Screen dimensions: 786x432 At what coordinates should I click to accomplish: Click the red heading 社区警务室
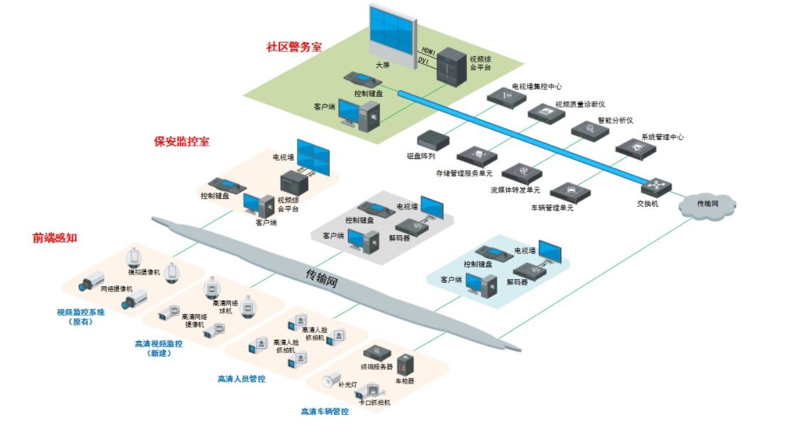(294, 47)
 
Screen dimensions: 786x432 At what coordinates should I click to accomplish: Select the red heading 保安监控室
(181, 141)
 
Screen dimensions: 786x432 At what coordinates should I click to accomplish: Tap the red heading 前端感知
(55, 237)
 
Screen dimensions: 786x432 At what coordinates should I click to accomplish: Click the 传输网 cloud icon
(707, 205)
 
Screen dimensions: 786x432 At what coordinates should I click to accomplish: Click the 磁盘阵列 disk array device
(434, 140)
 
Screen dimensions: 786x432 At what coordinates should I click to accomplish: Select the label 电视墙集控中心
(537, 86)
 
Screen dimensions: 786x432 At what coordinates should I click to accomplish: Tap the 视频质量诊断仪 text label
(580, 104)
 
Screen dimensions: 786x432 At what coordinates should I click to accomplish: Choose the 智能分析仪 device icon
(590, 131)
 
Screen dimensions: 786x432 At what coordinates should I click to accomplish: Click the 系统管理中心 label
(662, 137)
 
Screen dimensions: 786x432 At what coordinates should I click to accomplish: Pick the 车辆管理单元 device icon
(570, 193)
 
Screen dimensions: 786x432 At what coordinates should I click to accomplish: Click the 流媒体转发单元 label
(515, 190)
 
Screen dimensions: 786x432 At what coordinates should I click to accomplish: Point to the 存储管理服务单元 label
(463, 173)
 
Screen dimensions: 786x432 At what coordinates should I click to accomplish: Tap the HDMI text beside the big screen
(428, 51)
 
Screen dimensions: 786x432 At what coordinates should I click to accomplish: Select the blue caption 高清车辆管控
(325, 411)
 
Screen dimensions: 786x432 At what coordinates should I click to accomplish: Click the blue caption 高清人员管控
(242, 379)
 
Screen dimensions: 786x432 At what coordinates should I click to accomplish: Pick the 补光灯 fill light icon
(331, 380)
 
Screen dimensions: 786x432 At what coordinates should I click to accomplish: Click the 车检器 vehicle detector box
(405, 365)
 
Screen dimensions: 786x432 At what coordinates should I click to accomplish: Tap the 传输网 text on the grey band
(322, 278)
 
